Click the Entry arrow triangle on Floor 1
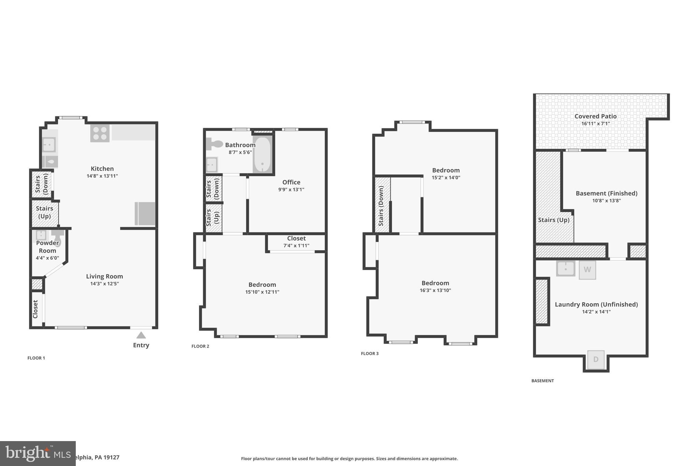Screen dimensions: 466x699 141,335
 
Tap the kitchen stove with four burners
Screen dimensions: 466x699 100,133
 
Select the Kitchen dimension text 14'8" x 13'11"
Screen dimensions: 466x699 102,176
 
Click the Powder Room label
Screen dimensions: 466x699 47,246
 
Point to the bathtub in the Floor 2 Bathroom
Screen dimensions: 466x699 262,155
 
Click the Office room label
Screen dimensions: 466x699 291,182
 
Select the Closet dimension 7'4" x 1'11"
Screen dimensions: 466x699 296,246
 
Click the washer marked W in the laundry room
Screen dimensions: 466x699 587,270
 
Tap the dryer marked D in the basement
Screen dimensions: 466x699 596,359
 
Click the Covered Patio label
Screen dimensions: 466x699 595,116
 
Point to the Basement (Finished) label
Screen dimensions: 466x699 606,193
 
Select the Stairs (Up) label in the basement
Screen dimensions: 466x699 554,220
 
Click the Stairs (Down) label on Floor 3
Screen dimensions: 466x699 381,206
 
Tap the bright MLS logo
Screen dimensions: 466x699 38,453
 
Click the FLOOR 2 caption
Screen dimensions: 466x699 200,346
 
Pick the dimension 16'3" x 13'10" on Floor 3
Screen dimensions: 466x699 435,291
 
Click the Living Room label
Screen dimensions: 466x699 104,277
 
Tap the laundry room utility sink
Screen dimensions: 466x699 565,269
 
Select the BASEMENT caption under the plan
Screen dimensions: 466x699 542,381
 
